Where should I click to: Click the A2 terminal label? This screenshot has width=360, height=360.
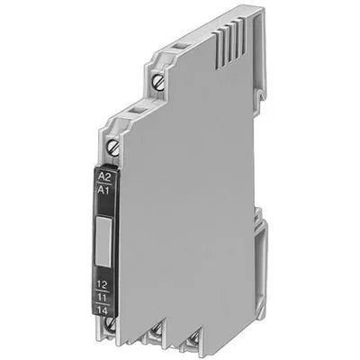(104, 176)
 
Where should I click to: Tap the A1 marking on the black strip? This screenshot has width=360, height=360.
(104, 190)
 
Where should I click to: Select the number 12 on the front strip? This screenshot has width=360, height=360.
(103, 284)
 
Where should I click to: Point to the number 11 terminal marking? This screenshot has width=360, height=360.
(103, 297)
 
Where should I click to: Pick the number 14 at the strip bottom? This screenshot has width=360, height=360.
(103, 310)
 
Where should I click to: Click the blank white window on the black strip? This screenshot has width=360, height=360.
(103, 242)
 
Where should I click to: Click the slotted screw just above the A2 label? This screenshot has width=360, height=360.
(113, 148)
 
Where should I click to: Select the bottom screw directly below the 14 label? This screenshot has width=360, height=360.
(111, 325)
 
